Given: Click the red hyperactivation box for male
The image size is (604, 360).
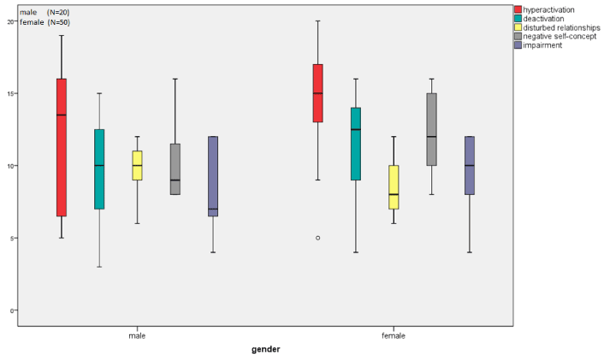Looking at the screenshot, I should coord(62,147).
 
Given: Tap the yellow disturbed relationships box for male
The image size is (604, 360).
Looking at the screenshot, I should coord(137,165).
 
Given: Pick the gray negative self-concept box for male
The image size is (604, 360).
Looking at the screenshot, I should coord(175,169).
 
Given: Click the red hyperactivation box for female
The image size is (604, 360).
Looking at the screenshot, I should coord(317,93).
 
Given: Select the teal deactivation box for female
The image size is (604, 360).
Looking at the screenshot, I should coord(356,144).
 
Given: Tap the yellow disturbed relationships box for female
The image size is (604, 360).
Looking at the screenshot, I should coord(394,186).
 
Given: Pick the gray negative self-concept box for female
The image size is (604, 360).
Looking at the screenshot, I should coord(431,129).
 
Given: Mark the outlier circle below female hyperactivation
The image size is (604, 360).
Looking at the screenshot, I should coord(317,238).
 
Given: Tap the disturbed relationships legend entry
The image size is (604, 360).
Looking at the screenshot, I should coord(563,27).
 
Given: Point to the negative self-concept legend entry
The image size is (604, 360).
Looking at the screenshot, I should coord(561,36).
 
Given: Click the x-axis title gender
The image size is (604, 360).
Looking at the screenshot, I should coord(265,349).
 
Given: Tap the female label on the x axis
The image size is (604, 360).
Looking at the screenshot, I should coord(393,335).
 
